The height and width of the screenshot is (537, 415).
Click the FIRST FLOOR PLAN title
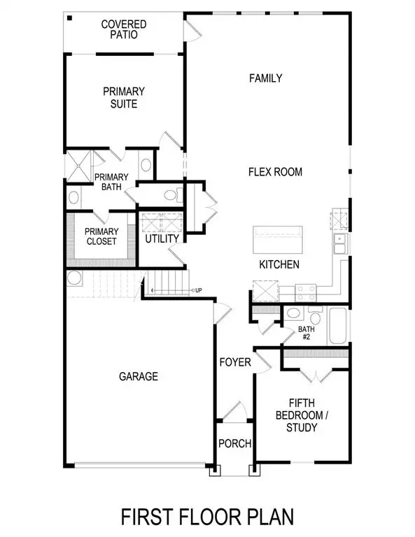(x=207, y=517)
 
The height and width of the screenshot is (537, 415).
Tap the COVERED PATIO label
(x=123, y=29)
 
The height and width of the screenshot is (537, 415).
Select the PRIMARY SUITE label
(x=123, y=98)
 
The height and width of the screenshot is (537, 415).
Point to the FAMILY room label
(x=266, y=78)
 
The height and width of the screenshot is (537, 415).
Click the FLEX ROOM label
(x=275, y=171)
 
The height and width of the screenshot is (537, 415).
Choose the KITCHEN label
(x=279, y=264)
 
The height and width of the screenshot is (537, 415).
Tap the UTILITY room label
(x=162, y=238)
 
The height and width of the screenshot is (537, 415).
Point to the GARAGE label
(x=138, y=376)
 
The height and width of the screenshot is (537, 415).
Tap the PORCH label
(x=234, y=443)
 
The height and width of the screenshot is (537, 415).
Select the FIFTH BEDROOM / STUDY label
(x=306, y=415)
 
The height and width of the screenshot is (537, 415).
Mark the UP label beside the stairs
(x=199, y=290)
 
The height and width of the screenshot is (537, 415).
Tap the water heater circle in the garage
(x=74, y=279)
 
